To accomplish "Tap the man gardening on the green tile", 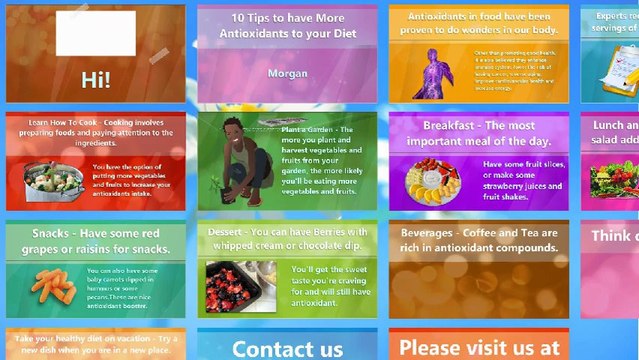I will point(237,160).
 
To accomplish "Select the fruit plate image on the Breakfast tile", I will point(432,181).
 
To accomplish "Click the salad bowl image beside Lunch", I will point(613,178).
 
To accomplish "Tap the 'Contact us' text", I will point(287,349).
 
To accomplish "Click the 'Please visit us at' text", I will point(478,349).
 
